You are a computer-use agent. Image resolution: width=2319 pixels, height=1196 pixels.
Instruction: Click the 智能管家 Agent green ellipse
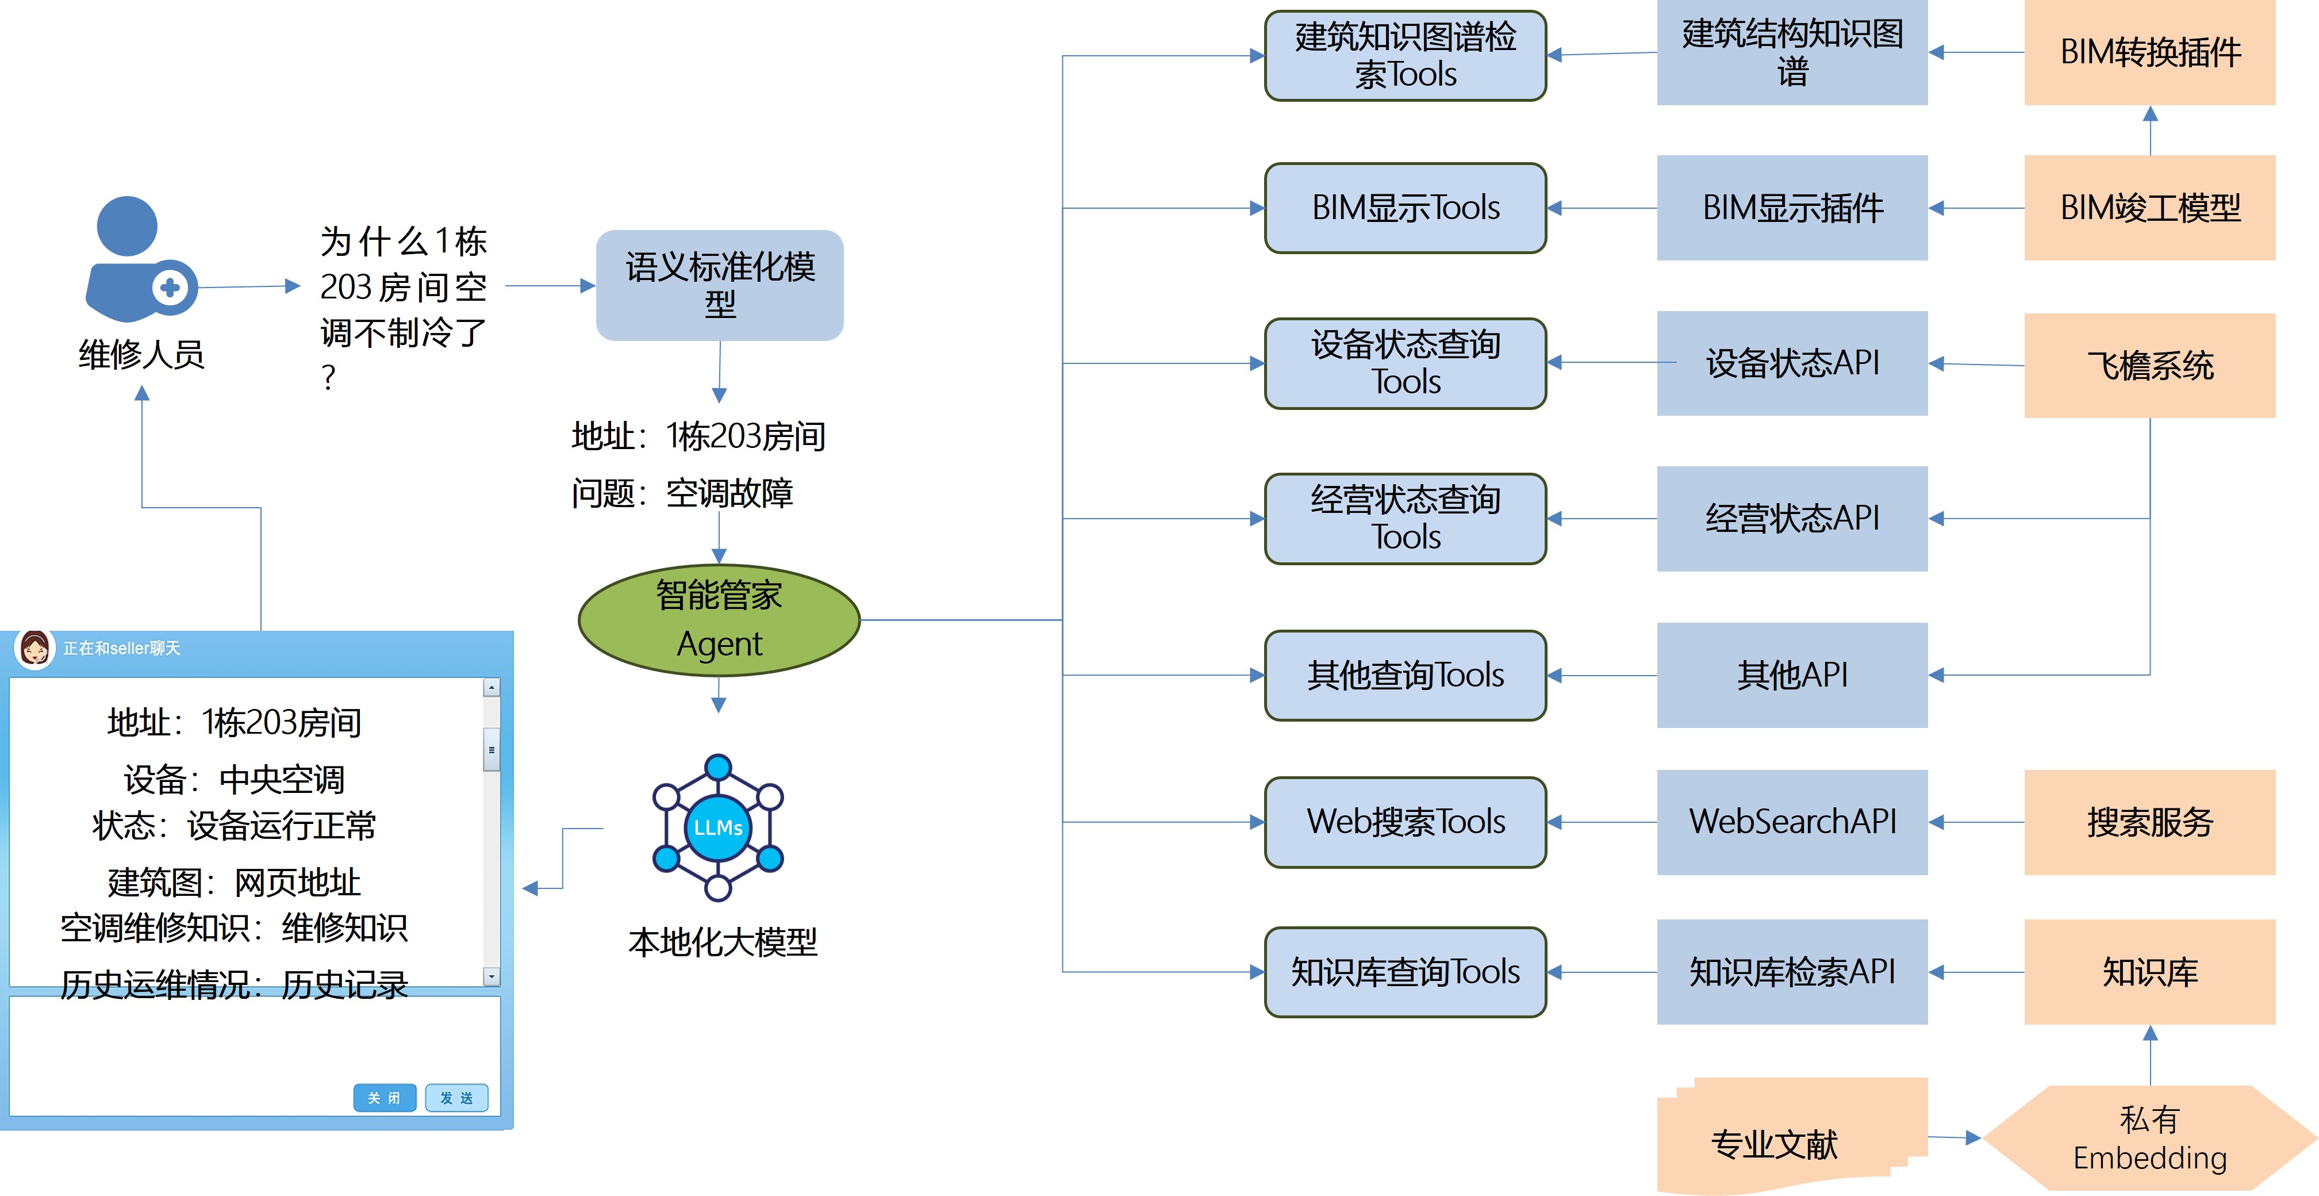(x=719, y=620)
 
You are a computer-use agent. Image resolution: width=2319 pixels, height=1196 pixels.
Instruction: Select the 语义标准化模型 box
(x=719, y=285)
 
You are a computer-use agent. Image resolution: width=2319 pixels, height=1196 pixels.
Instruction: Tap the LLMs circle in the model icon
(x=717, y=827)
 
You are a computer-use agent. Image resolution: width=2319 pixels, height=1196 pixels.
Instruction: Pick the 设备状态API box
(x=1791, y=363)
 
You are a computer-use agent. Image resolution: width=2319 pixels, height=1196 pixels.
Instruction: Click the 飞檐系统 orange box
(x=2149, y=365)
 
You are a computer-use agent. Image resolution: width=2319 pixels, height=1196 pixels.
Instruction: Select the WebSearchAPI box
(x=1791, y=821)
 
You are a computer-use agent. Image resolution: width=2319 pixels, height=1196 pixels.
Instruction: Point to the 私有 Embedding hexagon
(x=2149, y=1138)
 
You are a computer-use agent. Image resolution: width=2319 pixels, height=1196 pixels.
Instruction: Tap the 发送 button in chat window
(x=456, y=1098)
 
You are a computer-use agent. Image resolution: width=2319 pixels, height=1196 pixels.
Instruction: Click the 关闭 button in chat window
(x=385, y=1098)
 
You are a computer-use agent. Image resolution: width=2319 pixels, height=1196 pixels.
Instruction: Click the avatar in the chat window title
(x=35, y=649)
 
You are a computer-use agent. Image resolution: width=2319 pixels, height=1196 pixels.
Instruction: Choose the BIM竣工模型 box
(x=2149, y=208)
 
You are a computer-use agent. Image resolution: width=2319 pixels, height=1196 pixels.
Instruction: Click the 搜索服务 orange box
(x=2149, y=821)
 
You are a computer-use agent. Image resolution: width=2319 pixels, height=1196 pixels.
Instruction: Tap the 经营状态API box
(x=1791, y=518)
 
